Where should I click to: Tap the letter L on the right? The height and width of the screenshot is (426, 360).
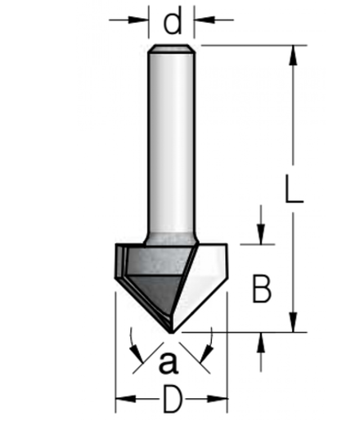click(x=294, y=189)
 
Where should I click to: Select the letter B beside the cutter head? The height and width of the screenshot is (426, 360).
click(x=262, y=289)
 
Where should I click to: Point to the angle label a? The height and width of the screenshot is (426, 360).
click(x=169, y=362)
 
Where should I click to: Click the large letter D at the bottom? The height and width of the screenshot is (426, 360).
click(x=173, y=399)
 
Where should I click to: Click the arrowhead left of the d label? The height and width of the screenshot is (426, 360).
click(x=138, y=20)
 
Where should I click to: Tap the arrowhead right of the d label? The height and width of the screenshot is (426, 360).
click(x=204, y=20)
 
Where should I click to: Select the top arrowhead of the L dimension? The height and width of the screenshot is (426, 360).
click(x=293, y=55)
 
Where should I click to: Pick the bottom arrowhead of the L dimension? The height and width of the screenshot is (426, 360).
click(x=293, y=322)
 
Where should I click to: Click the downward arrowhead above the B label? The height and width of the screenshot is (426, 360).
click(x=261, y=234)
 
